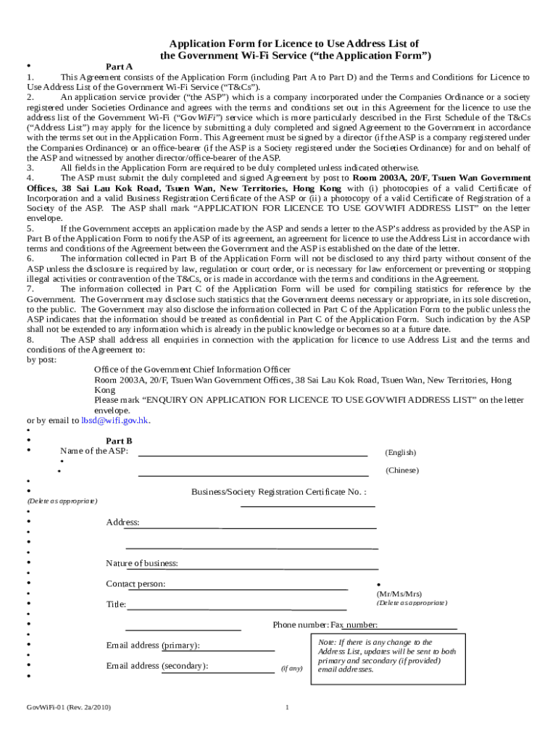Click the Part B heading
[x=119, y=441]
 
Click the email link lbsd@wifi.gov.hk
[x=115, y=420]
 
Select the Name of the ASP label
[x=94, y=451]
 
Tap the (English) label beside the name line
[x=400, y=453]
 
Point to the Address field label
[x=122, y=522]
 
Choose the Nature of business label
[x=142, y=564]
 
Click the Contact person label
[x=136, y=584]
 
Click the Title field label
[x=116, y=604]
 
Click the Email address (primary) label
[x=153, y=646]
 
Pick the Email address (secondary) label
[x=157, y=666]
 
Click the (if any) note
[x=291, y=668]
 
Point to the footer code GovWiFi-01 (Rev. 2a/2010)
[x=69, y=707]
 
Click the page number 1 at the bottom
[x=288, y=707]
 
